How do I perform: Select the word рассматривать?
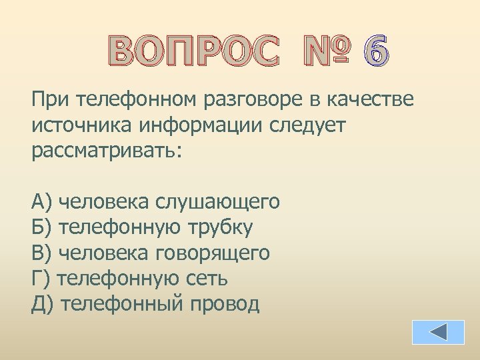(105, 151)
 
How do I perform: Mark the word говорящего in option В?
(213, 253)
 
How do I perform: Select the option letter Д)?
(42, 304)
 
